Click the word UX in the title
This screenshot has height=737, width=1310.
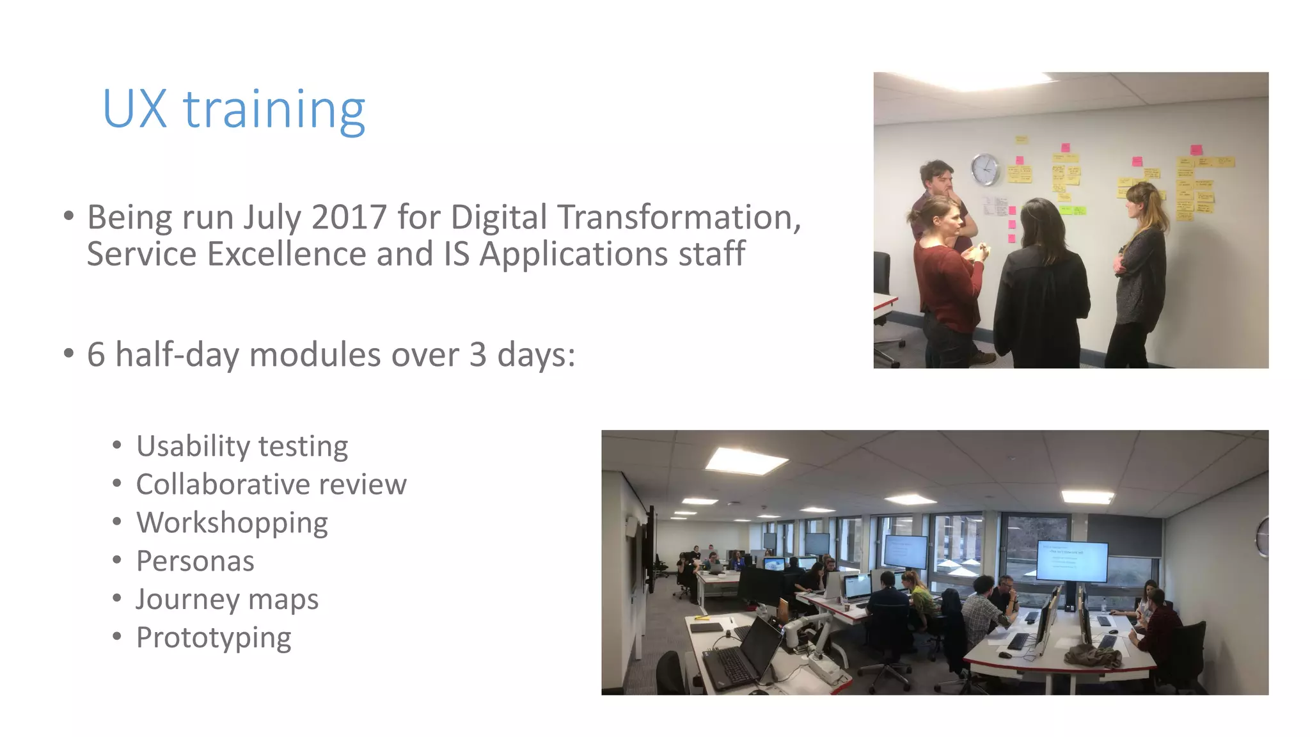click(x=134, y=109)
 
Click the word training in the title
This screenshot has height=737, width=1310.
click(x=274, y=111)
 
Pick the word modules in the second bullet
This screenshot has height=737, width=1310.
click(x=315, y=354)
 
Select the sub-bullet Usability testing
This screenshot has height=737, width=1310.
click(x=242, y=446)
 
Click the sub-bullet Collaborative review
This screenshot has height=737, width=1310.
click(x=271, y=484)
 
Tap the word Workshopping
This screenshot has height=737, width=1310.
click(x=232, y=523)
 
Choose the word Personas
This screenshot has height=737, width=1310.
click(x=195, y=561)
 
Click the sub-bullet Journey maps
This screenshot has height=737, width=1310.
click(x=227, y=599)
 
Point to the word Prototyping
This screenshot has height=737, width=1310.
click(x=214, y=638)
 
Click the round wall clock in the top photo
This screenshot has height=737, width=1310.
click(x=985, y=170)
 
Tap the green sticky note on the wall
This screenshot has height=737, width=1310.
click(x=1073, y=210)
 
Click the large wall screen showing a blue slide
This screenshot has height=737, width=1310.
click(x=1071, y=560)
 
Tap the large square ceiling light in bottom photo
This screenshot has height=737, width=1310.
click(x=746, y=460)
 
